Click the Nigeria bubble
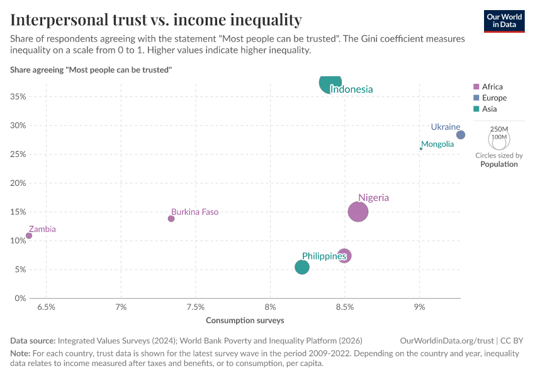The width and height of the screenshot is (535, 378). (358, 212)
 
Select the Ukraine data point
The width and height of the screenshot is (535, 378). (461, 135)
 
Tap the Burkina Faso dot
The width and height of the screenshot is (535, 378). (171, 219)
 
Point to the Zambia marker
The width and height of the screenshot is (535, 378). (29, 236)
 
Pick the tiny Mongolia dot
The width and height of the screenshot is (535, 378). (421, 149)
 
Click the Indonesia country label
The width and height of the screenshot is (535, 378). (351, 89)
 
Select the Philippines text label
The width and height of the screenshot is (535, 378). (324, 256)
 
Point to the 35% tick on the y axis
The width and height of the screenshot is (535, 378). (18, 96)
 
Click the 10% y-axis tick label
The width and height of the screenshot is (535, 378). (18, 241)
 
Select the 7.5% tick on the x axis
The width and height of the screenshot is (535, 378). (196, 307)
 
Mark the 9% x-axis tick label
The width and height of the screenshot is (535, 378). (419, 307)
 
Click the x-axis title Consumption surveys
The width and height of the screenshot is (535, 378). (245, 320)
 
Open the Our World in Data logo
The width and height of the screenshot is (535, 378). (504, 21)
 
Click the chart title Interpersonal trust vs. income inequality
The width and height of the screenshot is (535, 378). (156, 20)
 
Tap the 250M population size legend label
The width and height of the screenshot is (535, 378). (498, 129)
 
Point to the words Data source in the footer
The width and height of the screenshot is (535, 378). (33, 340)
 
